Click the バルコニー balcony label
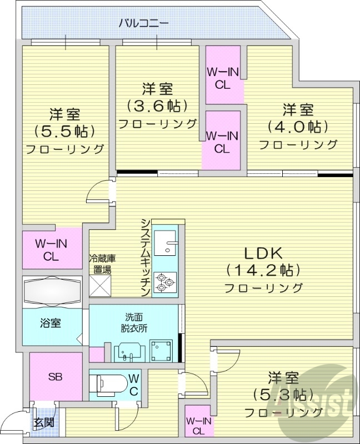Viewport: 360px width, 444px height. click(144, 23)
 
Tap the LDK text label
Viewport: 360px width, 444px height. click(264, 254)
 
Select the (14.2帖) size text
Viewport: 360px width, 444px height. click(264, 270)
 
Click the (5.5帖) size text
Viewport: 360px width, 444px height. click(65, 132)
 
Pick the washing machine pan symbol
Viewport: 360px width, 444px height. click(162, 350)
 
